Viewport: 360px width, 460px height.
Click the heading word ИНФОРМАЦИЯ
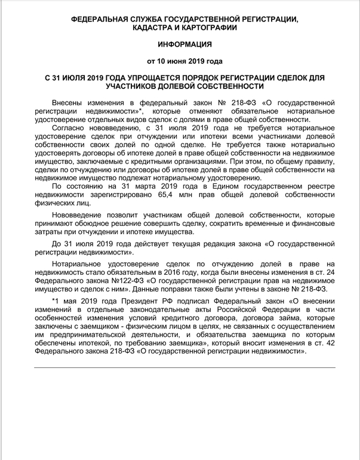click(180, 44)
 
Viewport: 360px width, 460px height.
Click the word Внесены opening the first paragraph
click(69, 103)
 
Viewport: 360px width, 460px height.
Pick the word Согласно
click(70, 128)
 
